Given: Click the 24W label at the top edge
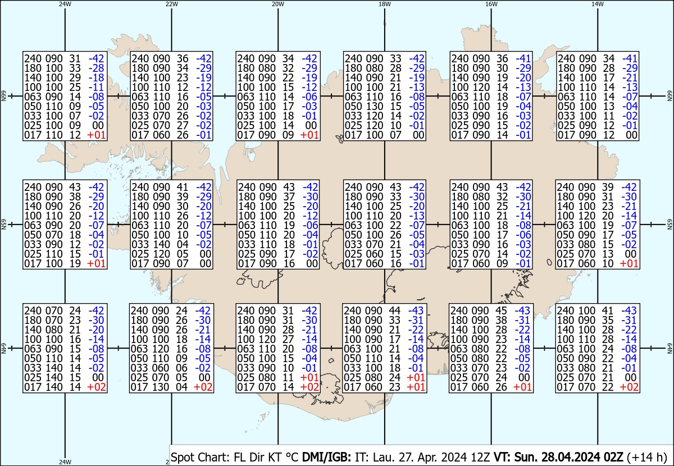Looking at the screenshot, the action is (x=65, y=4).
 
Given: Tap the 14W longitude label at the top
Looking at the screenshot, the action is (x=598, y=4).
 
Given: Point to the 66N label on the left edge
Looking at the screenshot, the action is (x=3, y=96).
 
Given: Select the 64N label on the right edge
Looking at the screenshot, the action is (x=670, y=348).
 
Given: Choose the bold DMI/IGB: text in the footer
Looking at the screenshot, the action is (x=326, y=457).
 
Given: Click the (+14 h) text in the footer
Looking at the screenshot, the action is (x=647, y=457).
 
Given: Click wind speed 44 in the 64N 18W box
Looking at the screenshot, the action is (x=394, y=310).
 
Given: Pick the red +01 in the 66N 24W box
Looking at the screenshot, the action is (x=96, y=135).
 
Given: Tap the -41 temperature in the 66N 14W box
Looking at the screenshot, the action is (x=630, y=58).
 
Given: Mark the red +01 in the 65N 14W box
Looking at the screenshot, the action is (x=629, y=263).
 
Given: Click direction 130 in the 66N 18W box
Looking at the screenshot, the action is (x=374, y=106).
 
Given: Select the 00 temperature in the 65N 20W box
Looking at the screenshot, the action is (x=312, y=263).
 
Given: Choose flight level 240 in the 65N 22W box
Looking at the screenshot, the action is (x=140, y=187).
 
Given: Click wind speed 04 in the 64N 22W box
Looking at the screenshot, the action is (x=182, y=387).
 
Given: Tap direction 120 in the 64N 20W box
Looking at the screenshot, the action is (x=267, y=339).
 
